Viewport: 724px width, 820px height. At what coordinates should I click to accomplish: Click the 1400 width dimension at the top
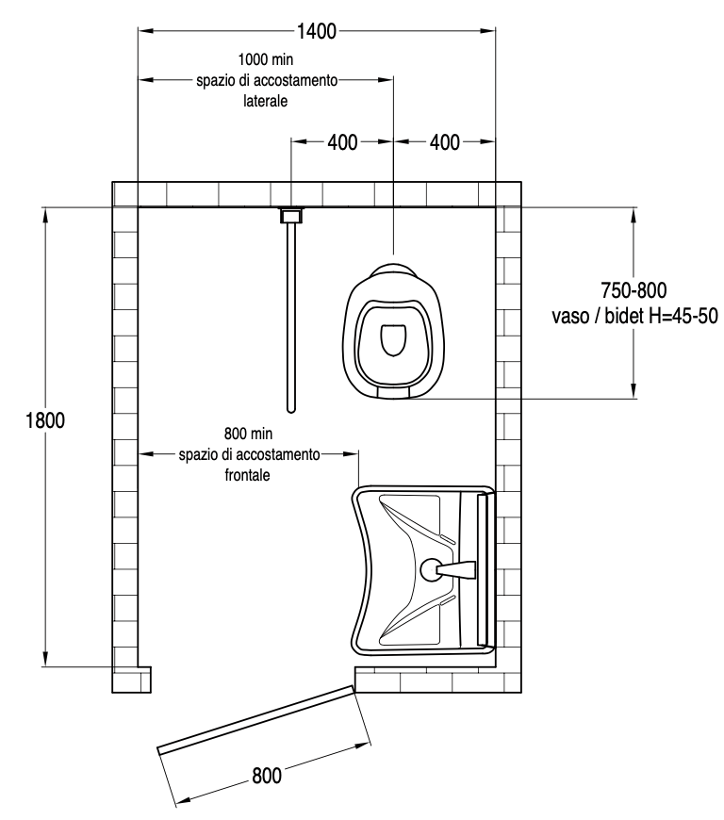coord(316,30)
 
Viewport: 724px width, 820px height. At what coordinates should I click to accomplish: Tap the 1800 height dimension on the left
coord(44,420)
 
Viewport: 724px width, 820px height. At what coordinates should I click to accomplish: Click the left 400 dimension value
coord(341,142)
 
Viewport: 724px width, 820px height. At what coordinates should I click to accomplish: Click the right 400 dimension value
coord(444,142)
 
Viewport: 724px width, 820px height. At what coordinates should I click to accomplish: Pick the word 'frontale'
coord(248,475)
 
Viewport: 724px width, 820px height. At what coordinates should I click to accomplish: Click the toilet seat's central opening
coord(391,339)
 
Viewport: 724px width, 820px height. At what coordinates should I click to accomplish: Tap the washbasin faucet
coord(449,569)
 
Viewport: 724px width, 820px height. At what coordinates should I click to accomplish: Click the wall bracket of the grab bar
coord(291,215)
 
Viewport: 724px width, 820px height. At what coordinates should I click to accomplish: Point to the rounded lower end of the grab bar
coord(291,409)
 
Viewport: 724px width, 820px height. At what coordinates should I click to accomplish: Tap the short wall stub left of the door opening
coord(132,678)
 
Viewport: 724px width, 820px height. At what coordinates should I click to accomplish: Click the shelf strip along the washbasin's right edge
coord(484,570)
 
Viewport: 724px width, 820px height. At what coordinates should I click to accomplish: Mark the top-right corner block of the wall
coord(508,193)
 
